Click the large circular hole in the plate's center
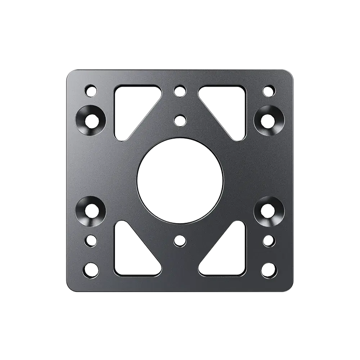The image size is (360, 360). pos(180,179)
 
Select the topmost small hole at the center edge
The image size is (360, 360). pos(179,90)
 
